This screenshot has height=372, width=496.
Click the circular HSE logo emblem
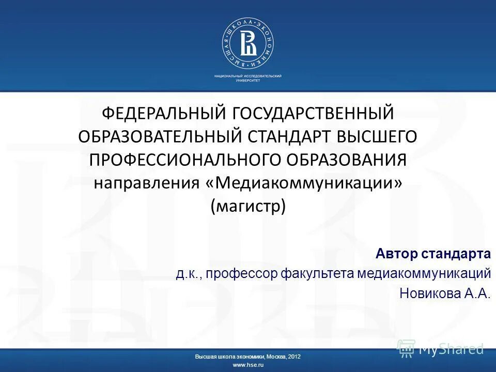point(248,45)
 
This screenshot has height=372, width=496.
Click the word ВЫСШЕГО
point(377,136)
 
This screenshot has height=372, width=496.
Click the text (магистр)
point(248,206)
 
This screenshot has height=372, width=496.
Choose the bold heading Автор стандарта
point(433,254)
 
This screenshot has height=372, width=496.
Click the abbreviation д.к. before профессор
point(188,273)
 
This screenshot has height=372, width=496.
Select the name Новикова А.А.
point(445,293)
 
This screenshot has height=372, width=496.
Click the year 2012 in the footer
point(295,357)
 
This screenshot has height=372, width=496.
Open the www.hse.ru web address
point(248,365)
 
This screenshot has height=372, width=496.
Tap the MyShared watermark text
point(451,349)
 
